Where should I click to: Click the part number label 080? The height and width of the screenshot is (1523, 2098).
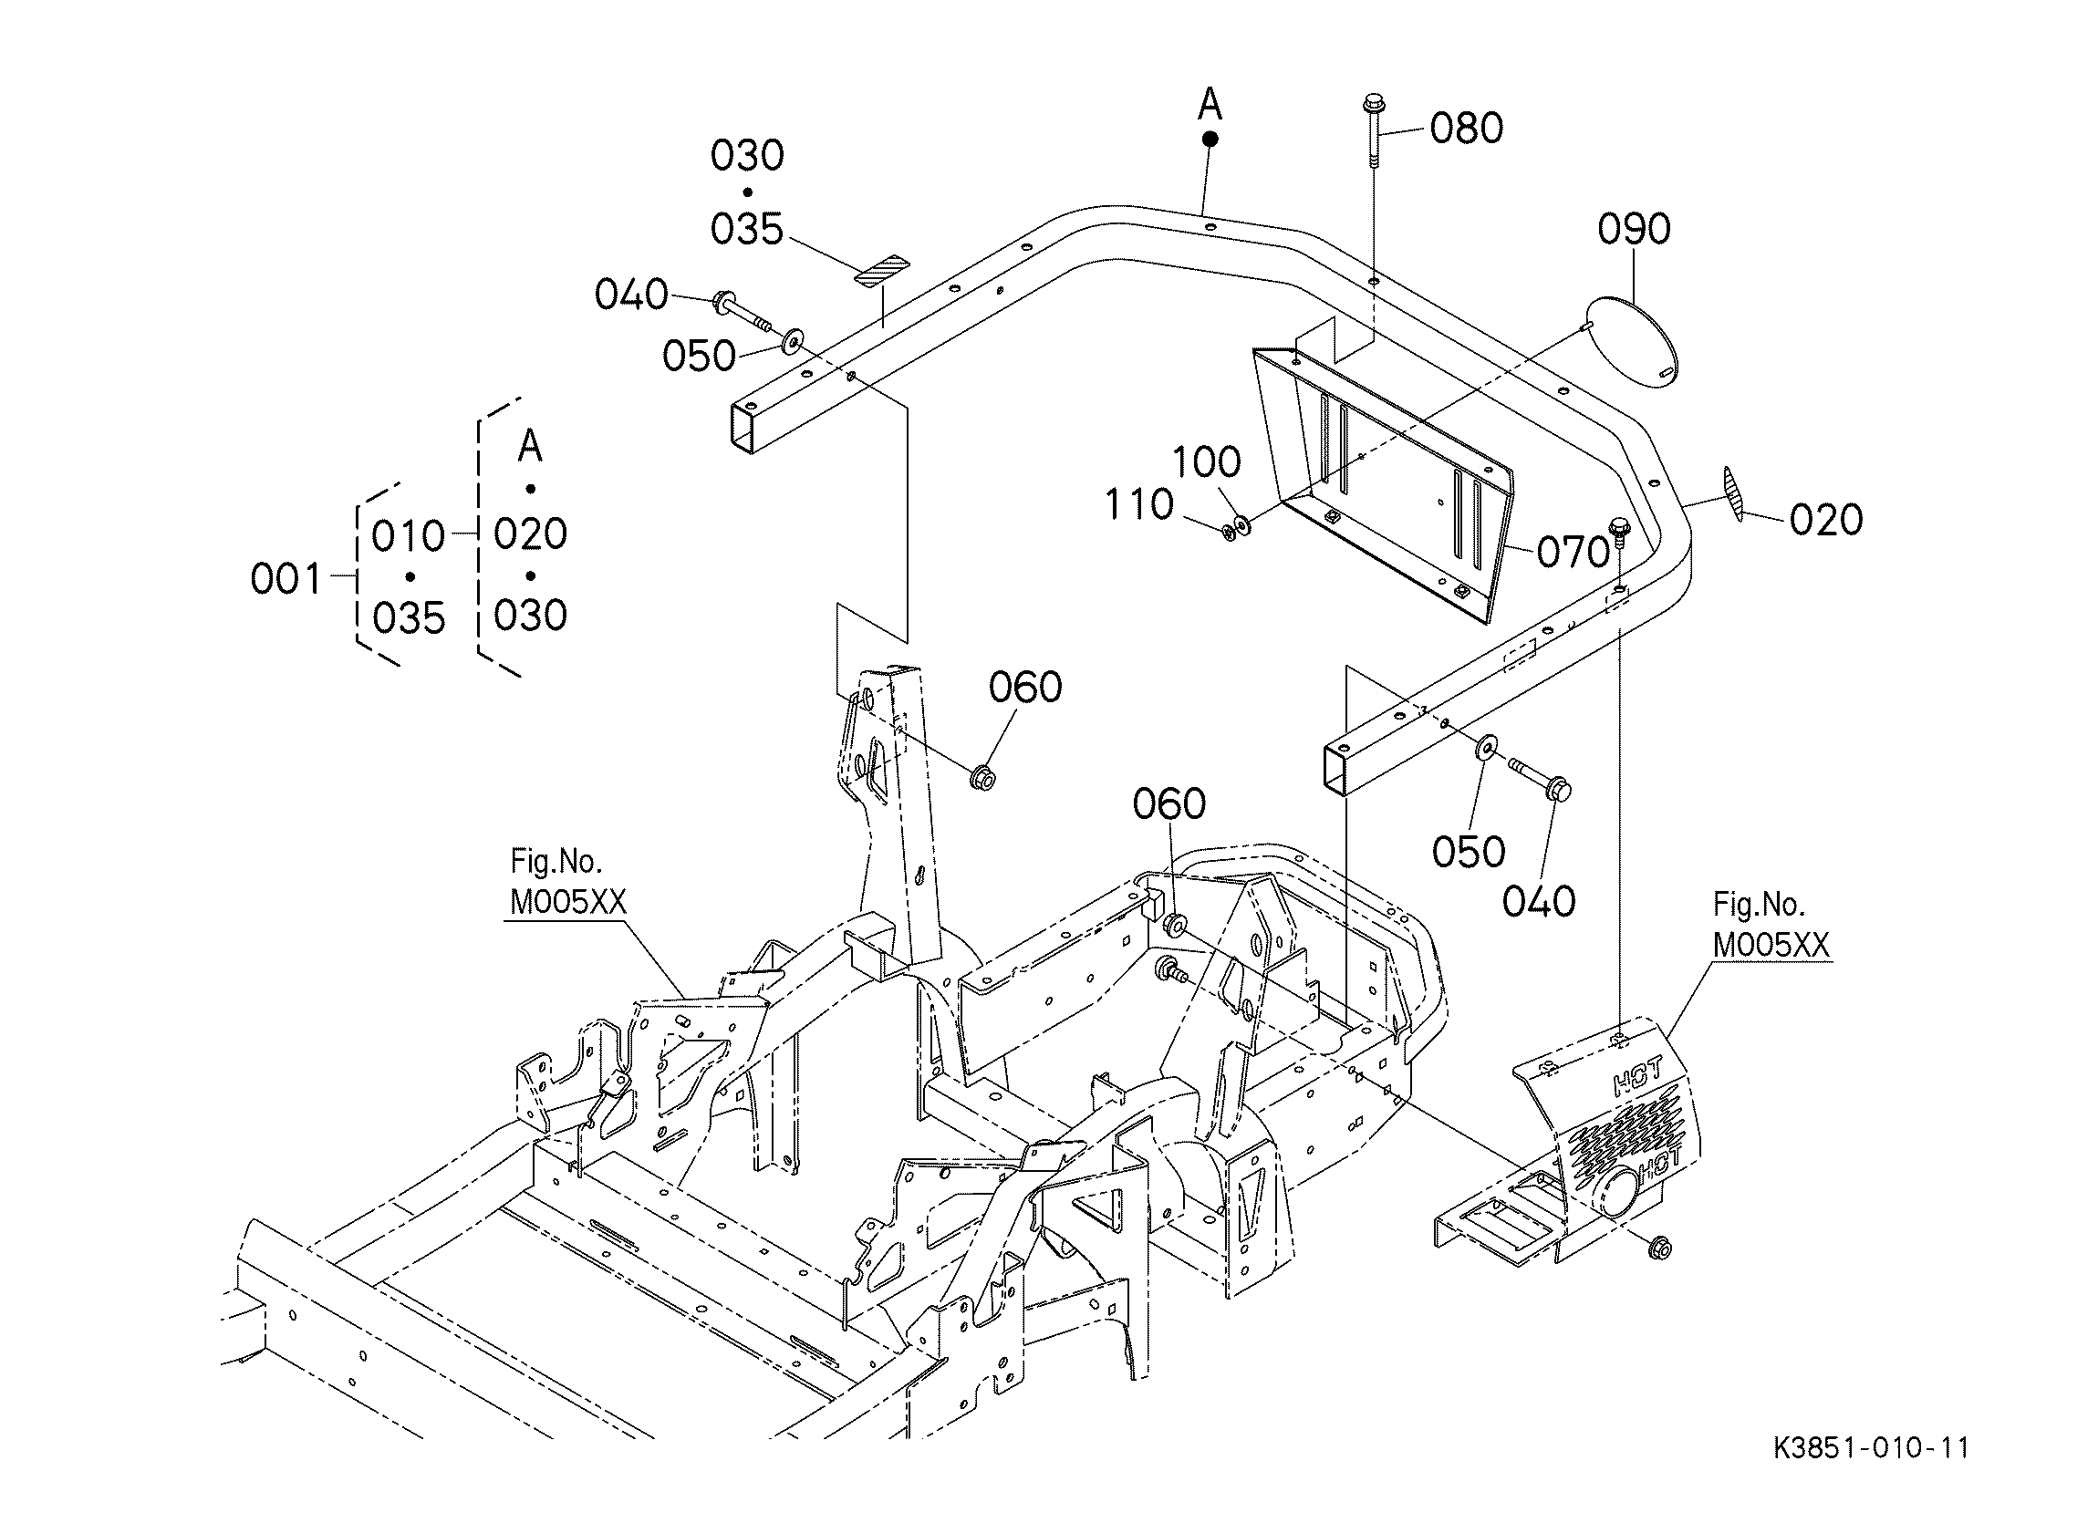click(x=1466, y=129)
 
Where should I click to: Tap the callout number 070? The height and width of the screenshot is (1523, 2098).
click(x=1573, y=552)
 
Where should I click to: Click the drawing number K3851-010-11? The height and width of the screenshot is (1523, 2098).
click(x=1871, y=1473)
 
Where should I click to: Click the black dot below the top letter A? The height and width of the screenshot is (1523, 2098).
click(x=1209, y=140)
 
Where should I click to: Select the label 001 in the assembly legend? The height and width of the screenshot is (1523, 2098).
click(x=286, y=579)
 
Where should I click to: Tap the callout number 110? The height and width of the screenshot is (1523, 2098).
click(x=1138, y=505)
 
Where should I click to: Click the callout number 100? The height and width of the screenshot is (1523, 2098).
click(x=1206, y=461)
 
